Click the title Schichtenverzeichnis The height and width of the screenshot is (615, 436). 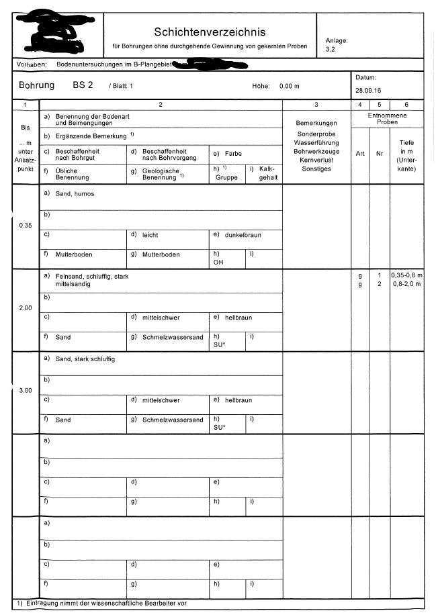[210, 32]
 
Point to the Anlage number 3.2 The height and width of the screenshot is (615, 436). [330, 49]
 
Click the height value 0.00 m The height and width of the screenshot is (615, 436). [289, 86]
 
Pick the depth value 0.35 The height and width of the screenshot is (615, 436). [26, 225]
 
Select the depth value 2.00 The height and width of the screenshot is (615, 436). [26, 307]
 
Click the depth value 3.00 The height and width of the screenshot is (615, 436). [26, 390]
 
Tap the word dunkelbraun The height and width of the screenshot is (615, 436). [243, 235]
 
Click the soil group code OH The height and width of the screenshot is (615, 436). [218, 263]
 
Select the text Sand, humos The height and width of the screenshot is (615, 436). [75, 193]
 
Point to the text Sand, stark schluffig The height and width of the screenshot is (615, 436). [85, 359]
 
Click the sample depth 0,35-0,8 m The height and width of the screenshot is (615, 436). [406, 275]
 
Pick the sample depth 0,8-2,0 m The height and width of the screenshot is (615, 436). [406, 284]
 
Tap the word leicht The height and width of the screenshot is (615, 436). [150, 235]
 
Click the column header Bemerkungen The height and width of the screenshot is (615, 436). [316, 124]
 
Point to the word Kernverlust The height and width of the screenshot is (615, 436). [316, 160]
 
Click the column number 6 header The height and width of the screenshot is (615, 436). [406, 105]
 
